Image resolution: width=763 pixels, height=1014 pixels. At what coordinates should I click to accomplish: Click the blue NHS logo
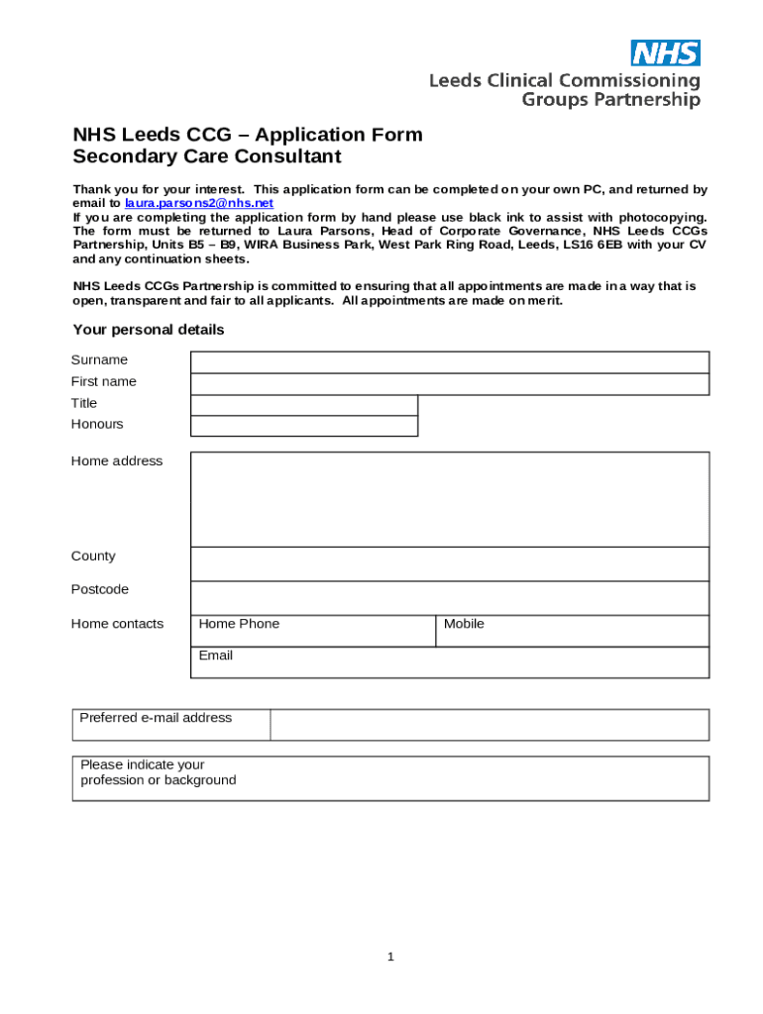coord(665,52)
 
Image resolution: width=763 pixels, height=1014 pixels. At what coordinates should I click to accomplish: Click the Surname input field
coord(449,361)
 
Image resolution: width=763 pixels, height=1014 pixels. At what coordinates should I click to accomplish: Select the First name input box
coord(449,384)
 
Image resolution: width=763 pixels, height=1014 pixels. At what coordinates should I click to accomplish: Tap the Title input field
coord(303,405)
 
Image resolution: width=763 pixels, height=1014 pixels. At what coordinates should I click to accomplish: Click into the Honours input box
coord(303,426)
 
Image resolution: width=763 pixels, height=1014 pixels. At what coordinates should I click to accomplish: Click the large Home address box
coord(449,499)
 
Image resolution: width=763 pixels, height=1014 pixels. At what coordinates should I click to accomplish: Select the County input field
coord(449,563)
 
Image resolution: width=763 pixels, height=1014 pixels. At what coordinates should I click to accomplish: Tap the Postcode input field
coord(449,597)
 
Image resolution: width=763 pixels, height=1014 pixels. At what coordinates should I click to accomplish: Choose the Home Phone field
coord(312,631)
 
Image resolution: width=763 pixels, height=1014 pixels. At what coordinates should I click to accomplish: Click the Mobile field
coord(572,631)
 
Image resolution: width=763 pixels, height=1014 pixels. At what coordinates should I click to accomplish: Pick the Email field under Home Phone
coord(449,662)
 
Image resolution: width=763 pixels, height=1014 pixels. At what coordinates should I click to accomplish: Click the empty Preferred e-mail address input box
coord(490,725)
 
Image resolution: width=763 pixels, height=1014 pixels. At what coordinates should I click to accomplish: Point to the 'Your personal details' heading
coord(149,330)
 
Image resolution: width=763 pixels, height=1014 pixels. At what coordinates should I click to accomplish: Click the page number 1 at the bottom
coord(390,957)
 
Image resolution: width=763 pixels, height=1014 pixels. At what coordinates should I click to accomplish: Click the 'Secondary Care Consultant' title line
coord(206,156)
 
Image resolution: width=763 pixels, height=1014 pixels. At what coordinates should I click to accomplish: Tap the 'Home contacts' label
coord(117,624)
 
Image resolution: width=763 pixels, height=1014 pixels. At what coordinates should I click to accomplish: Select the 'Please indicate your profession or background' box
coord(391,778)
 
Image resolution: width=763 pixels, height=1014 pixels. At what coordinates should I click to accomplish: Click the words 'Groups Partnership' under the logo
coord(610,99)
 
